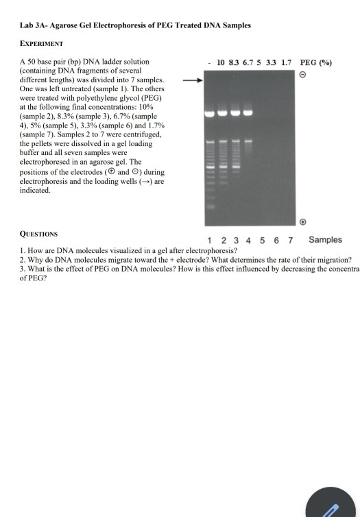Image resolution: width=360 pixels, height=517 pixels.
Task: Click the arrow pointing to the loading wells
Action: (194, 80)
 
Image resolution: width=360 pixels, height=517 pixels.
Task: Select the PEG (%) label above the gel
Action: (316, 62)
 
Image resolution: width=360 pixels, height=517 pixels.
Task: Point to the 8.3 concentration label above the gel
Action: (235, 62)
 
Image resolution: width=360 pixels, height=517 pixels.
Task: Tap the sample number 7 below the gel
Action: (291, 240)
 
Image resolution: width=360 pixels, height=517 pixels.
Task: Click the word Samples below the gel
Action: (325, 239)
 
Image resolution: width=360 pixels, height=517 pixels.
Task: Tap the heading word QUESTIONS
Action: (38, 233)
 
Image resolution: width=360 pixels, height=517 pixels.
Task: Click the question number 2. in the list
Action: (23, 259)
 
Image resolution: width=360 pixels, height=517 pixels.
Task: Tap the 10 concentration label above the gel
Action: (221, 62)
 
